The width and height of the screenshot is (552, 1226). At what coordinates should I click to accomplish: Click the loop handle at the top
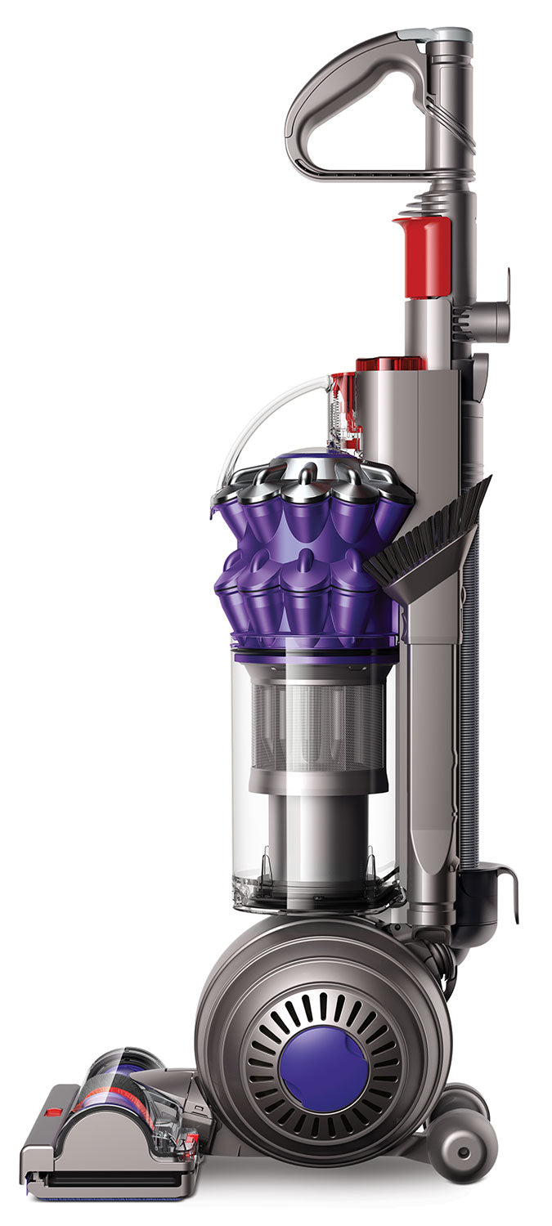327,98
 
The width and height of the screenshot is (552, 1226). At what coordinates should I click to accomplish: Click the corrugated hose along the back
469,695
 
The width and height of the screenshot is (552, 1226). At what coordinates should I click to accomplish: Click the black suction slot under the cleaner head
114,1181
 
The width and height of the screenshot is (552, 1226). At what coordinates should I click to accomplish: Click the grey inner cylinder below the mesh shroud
315,834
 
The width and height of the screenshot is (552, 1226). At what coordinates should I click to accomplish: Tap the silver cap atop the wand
450,34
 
